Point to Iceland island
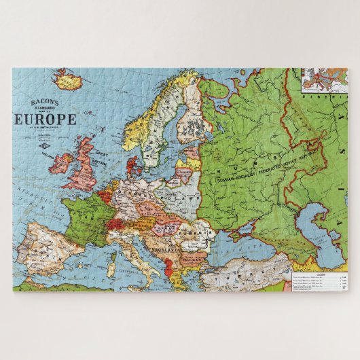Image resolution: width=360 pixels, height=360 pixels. pos(68,79)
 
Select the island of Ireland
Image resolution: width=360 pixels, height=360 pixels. pos(62,163)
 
